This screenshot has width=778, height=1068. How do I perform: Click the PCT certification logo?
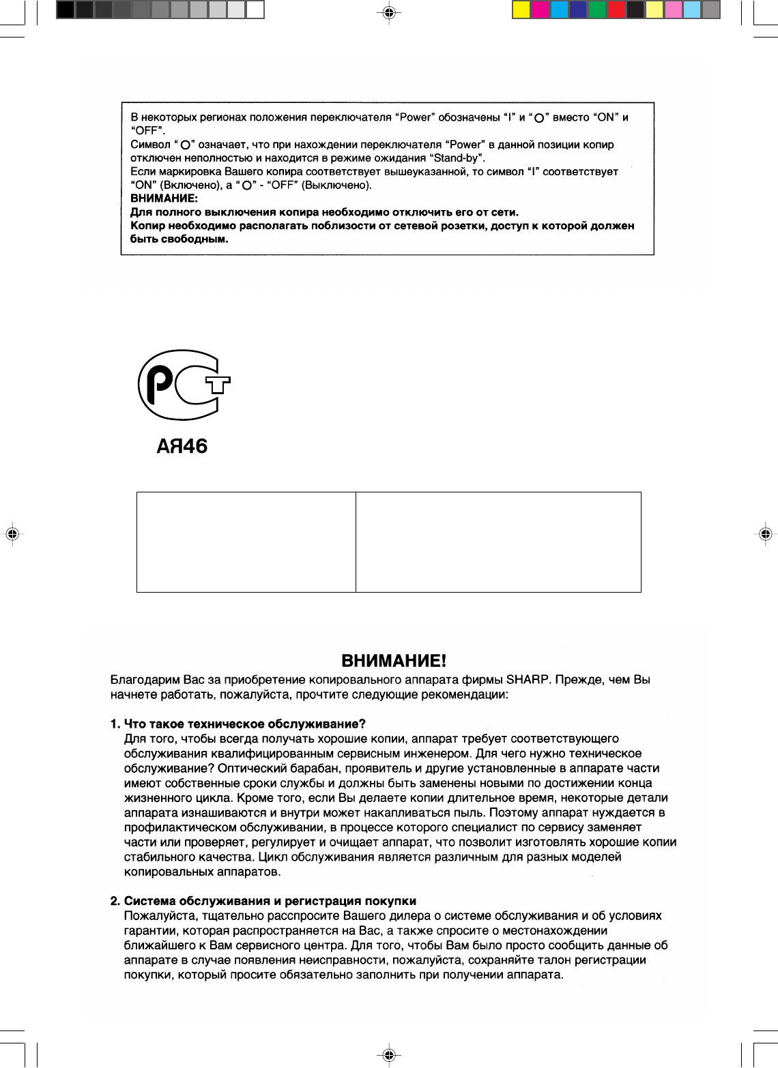tap(183, 385)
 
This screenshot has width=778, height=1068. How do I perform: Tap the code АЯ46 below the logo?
tap(182, 447)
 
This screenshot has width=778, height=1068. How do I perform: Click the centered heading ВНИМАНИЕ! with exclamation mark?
tap(394, 661)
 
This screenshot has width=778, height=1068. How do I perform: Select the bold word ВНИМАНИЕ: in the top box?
tap(164, 198)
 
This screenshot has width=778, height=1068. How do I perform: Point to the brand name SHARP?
tap(523, 680)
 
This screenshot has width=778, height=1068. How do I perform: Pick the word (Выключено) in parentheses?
tap(336, 186)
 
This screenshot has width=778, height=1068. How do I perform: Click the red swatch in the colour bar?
tap(616, 10)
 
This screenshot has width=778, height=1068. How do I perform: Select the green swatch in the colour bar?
tap(597, 10)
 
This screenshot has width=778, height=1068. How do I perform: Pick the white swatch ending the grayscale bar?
tap(255, 10)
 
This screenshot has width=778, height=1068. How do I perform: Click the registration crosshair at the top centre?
tap(388, 12)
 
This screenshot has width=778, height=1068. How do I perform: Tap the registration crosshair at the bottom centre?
tap(388, 1055)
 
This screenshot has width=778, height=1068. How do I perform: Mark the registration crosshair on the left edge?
tap(12, 534)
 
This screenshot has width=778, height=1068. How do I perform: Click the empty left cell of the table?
tap(246, 542)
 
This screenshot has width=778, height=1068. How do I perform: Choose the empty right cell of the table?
tap(498, 542)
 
